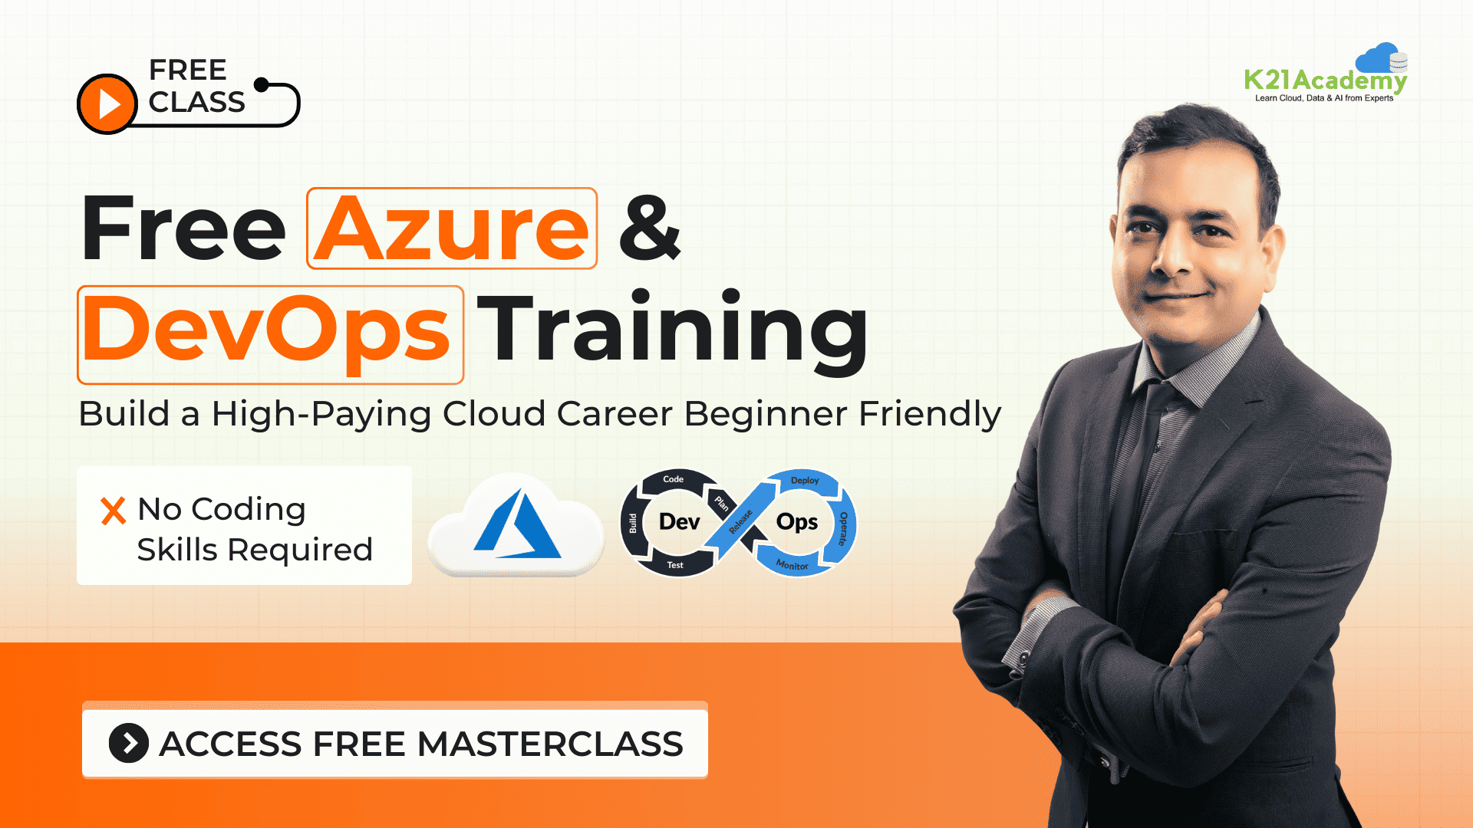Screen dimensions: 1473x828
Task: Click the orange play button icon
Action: (x=107, y=103)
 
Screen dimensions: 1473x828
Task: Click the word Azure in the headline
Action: (x=452, y=228)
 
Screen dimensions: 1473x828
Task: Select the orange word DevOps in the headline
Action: (x=266, y=330)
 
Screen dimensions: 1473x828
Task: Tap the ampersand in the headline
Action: (x=649, y=228)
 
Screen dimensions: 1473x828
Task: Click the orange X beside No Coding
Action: (x=114, y=511)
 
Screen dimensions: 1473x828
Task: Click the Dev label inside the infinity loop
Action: (x=679, y=522)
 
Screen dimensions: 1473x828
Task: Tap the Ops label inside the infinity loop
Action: (x=797, y=522)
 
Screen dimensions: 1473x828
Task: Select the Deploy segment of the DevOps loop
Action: (x=805, y=481)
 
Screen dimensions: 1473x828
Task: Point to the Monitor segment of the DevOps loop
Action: (x=792, y=565)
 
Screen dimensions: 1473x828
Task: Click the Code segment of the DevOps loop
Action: (x=673, y=479)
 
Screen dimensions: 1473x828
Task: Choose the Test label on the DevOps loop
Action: (x=675, y=565)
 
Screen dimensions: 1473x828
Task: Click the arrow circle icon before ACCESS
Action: (x=129, y=743)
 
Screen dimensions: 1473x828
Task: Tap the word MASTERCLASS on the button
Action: (x=550, y=744)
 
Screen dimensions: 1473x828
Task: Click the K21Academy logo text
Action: (x=1325, y=80)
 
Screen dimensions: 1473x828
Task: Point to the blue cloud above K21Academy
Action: (x=1379, y=57)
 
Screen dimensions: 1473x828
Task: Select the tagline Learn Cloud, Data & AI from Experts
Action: (x=1324, y=98)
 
